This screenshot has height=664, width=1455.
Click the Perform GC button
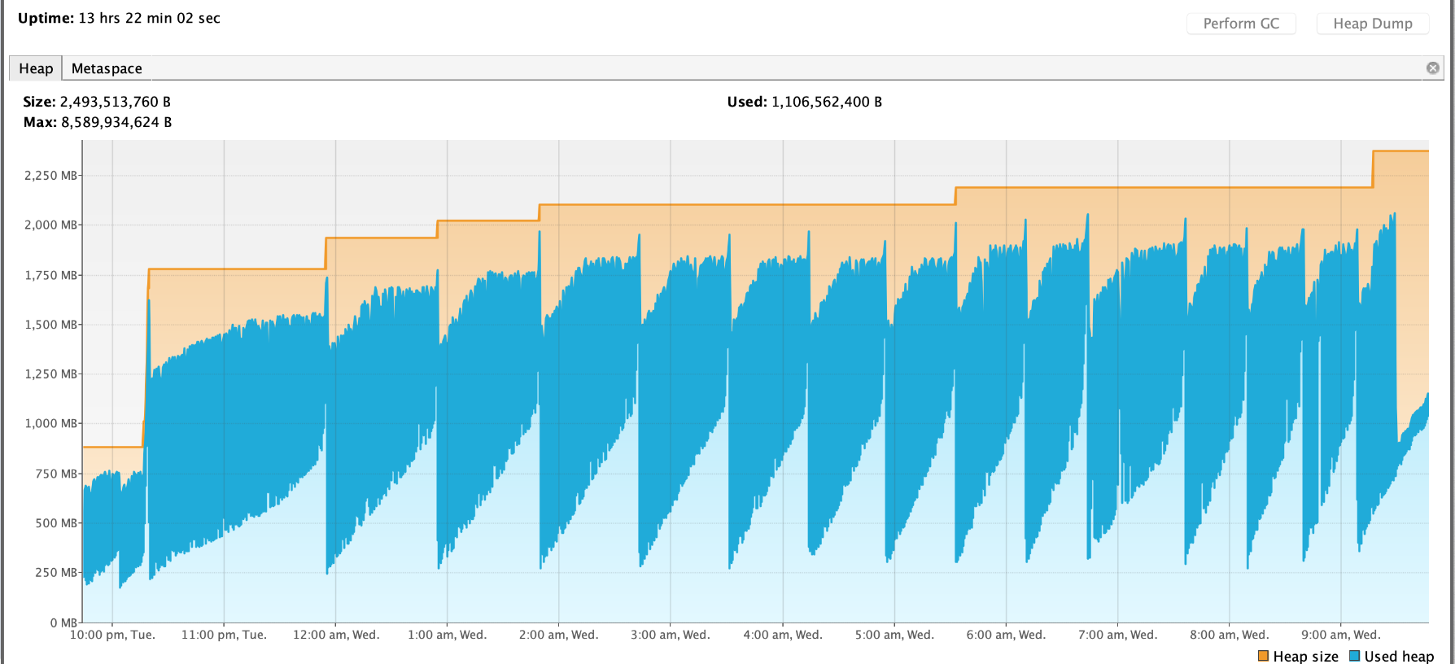pos(1241,24)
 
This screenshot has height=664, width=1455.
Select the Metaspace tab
pos(107,68)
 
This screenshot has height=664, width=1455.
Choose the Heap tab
pos(36,68)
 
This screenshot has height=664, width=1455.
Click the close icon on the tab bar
pos(1433,68)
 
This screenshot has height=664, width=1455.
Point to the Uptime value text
pos(149,18)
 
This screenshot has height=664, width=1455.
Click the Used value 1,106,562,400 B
pos(826,102)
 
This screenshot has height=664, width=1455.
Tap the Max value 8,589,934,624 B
pos(116,122)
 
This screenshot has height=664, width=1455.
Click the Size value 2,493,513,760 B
pos(115,102)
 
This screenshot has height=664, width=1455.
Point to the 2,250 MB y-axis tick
pos(51,176)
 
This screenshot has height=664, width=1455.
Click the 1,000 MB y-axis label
pos(51,423)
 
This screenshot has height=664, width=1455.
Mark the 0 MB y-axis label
pos(63,622)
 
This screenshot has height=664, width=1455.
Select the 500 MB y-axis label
pos(56,523)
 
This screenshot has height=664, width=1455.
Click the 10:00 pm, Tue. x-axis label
pos(112,635)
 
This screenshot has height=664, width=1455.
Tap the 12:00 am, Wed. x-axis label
pos(336,635)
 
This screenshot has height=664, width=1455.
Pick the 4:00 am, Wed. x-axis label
pos(783,635)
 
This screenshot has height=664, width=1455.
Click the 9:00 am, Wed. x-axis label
pos(1341,635)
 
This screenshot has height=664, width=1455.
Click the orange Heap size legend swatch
pos(1263,656)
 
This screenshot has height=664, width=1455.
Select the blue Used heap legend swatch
pos(1354,656)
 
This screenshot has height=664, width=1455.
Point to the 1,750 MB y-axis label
pos(51,275)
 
